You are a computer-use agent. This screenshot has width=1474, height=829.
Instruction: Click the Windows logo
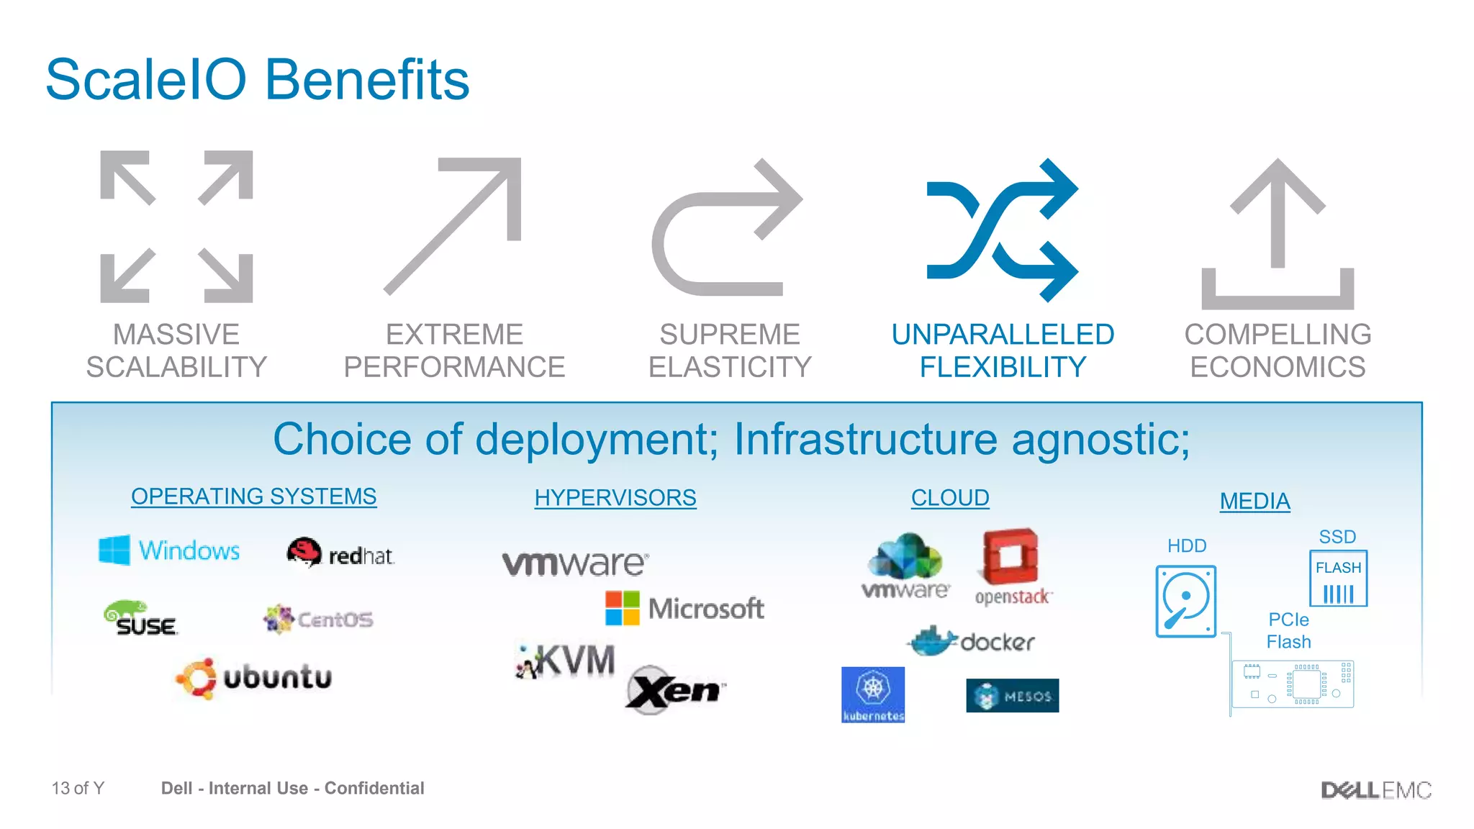pyautogui.click(x=169, y=551)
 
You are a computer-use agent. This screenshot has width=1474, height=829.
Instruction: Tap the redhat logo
pyautogui.click(x=340, y=553)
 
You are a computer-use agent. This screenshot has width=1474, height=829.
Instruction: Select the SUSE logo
pyautogui.click(x=140, y=619)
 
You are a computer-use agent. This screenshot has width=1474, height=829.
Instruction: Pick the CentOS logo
pyautogui.click(x=318, y=619)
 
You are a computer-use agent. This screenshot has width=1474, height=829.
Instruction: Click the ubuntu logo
pyautogui.click(x=254, y=678)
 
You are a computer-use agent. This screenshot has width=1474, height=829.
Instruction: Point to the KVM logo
pyautogui.click(x=566, y=661)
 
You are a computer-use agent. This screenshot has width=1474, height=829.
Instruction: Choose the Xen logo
pyautogui.click(x=675, y=690)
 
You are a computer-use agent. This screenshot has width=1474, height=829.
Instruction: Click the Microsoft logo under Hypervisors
pyautogui.click(x=684, y=609)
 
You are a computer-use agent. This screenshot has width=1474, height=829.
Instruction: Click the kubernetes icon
pyautogui.click(x=873, y=694)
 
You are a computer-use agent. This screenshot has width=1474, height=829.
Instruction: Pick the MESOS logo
pyautogui.click(x=1012, y=696)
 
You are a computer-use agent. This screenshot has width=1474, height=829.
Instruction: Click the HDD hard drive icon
pyautogui.click(x=1185, y=602)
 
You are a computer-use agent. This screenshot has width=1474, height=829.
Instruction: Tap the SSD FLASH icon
pyautogui.click(x=1338, y=579)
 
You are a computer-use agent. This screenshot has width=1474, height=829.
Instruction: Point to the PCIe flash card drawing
pyautogui.click(x=1292, y=684)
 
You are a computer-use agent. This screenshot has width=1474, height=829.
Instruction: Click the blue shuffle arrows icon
pyautogui.click(x=1002, y=230)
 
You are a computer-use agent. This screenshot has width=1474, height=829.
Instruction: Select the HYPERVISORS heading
pyautogui.click(x=615, y=498)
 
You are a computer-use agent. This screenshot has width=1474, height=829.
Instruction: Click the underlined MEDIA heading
pyautogui.click(x=1254, y=502)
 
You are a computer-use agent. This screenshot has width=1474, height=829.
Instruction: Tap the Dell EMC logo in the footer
pyautogui.click(x=1375, y=790)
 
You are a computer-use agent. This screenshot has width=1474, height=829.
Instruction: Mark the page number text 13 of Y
pyautogui.click(x=78, y=789)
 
